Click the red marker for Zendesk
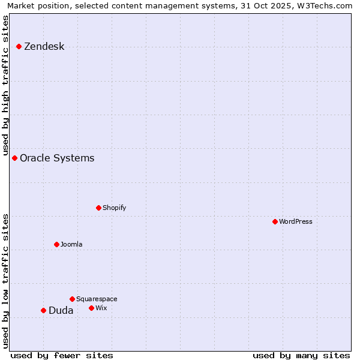[x=19, y=47]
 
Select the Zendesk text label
[x=44, y=47]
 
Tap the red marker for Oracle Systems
[x=15, y=158]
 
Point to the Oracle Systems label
[x=57, y=158]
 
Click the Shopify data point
[x=99, y=208]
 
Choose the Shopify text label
[x=114, y=208]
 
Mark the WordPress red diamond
[x=275, y=222]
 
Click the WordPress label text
[x=295, y=222]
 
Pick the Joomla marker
[x=57, y=245]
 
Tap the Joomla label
[x=71, y=245]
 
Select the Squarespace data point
[x=73, y=299]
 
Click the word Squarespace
[x=97, y=299]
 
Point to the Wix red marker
[x=92, y=308]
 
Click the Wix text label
[x=101, y=308]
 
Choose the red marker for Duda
[x=44, y=311]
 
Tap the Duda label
[x=61, y=311]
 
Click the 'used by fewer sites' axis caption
[x=62, y=356]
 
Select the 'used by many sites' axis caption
[x=301, y=356]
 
